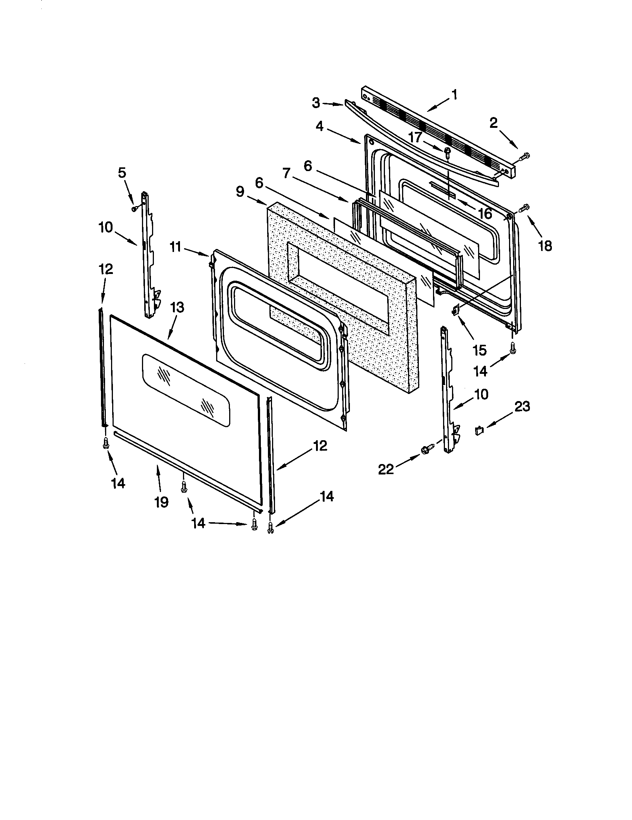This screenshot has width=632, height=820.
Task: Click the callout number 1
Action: pyautogui.click(x=455, y=95)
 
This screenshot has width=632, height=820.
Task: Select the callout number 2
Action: pyautogui.click(x=493, y=122)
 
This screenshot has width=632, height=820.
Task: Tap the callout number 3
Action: pyautogui.click(x=316, y=102)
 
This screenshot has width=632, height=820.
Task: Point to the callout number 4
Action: pyautogui.click(x=319, y=126)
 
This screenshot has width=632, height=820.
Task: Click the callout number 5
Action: pyautogui.click(x=122, y=173)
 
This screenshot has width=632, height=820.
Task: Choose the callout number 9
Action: pyautogui.click(x=240, y=192)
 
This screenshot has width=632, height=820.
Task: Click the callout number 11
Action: pyautogui.click(x=175, y=247)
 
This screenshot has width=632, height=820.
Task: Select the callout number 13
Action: pyautogui.click(x=177, y=307)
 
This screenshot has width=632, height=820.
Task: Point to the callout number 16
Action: pyautogui.click(x=485, y=213)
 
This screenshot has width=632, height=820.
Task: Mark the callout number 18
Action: pyautogui.click(x=545, y=246)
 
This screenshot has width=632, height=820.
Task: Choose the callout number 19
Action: pyautogui.click(x=161, y=502)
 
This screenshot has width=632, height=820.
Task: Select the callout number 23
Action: pyautogui.click(x=522, y=406)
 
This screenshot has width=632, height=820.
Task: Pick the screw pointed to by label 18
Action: pyautogui.click(x=524, y=207)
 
